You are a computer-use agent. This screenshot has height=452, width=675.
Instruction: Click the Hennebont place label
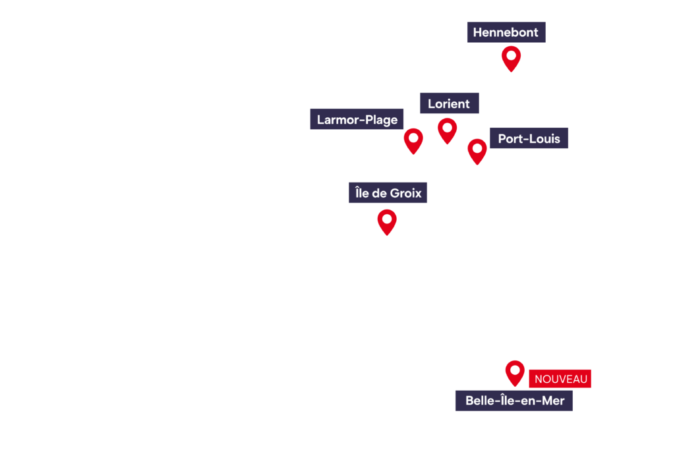coord(506,32)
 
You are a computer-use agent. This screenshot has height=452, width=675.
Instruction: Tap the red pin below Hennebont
coord(511,58)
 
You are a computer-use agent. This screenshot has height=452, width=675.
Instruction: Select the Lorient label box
coord(450,103)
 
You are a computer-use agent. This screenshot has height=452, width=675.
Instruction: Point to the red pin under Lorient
coord(448,130)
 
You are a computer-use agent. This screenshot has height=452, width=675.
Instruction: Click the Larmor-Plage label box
coord(357,119)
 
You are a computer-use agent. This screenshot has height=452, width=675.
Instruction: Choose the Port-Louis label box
coord(529,138)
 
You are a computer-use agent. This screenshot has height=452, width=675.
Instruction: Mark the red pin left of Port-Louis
coord(477,150)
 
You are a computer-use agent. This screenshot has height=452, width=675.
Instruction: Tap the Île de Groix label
coord(388,192)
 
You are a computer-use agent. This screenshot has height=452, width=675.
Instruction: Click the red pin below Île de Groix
coord(387,221)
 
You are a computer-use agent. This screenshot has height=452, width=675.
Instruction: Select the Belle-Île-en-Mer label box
coord(514,401)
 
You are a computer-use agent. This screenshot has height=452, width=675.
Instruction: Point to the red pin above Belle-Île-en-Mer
coord(515,372)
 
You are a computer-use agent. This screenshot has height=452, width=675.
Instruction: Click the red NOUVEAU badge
coord(560,379)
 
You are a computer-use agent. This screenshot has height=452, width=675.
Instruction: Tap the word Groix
coord(406,193)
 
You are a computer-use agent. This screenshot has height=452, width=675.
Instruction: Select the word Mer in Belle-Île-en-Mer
coord(552,401)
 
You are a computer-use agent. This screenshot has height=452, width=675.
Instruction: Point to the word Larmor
coord(337,120)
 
